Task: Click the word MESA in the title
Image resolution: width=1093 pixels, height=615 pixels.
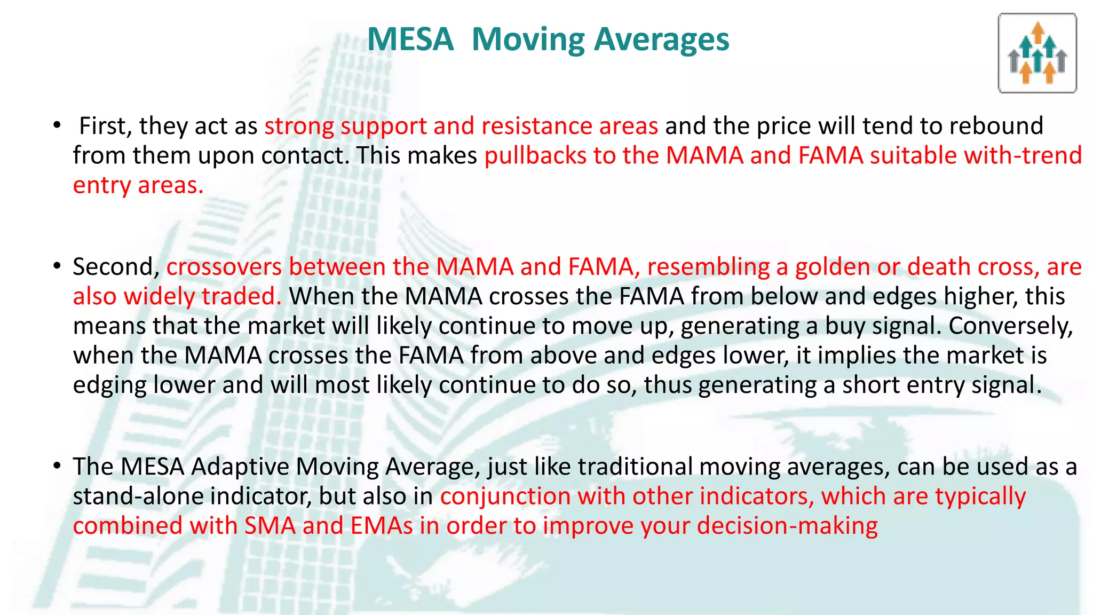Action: point(410,40)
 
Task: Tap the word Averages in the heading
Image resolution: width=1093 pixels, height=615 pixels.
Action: point(661,40)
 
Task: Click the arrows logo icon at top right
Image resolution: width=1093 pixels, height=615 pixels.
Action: point(1037,53)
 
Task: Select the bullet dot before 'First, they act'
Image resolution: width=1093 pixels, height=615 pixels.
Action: point(57,126)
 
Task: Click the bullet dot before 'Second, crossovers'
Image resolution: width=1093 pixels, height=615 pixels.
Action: point(57,266)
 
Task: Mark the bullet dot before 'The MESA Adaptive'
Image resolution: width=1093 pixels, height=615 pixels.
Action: point(57,466)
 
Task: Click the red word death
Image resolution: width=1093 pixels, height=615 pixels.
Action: point(939,266)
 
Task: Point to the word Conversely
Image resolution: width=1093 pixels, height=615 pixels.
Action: point(1010,326)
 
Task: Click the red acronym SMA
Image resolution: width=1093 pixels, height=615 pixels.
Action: point(270,526)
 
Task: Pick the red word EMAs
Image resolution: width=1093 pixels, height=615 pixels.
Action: point(382,526)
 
